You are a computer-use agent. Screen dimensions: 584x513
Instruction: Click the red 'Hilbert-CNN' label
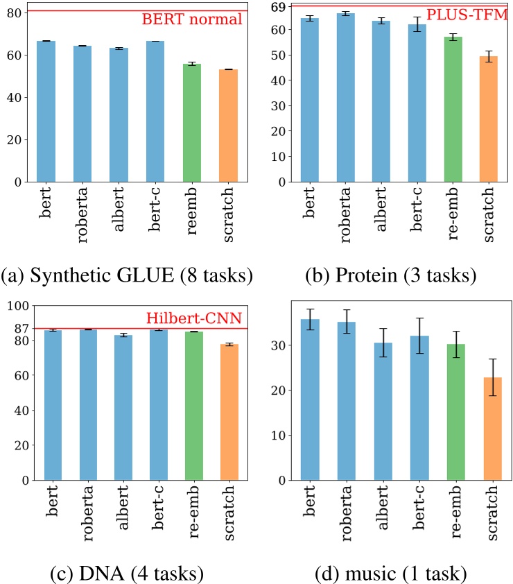point(193,318)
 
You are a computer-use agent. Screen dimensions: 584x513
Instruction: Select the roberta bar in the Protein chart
point(345,97)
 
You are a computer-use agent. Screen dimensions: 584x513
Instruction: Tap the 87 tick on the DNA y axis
point(21,328)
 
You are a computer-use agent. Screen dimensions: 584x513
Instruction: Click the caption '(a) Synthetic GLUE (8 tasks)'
point(127,276)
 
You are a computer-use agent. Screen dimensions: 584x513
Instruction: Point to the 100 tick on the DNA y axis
point(18,305)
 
